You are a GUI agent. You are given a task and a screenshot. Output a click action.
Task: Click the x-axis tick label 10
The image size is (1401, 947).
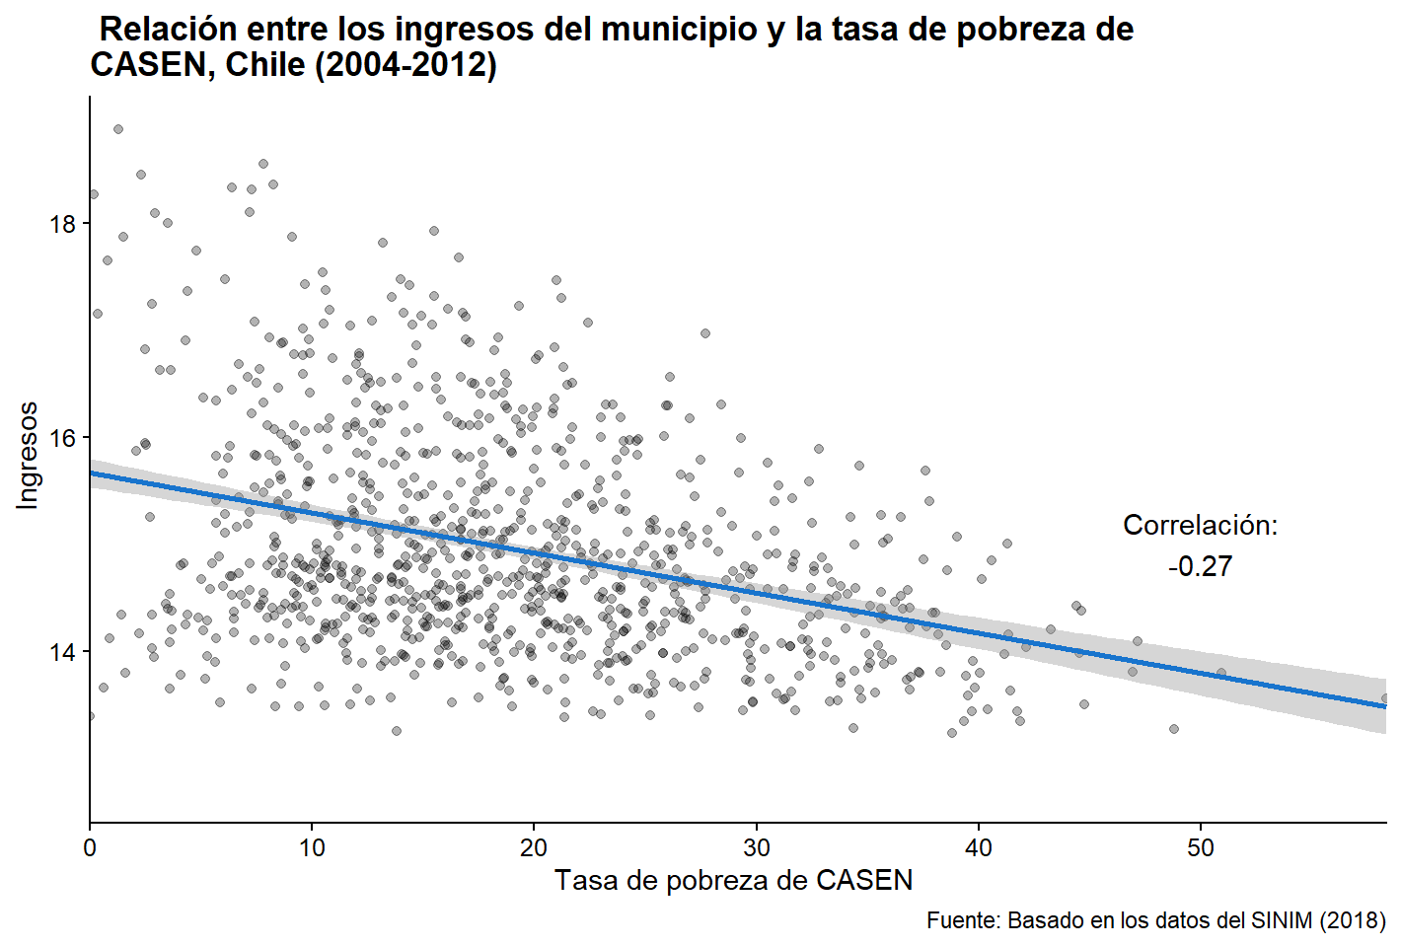312,848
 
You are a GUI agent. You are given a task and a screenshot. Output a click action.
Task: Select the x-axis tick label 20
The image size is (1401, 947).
534,848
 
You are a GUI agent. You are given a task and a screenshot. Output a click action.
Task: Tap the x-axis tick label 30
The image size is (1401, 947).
757,848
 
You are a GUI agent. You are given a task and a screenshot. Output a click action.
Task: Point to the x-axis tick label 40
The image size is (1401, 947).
979,848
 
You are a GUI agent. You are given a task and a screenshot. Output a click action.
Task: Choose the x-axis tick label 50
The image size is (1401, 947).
1201,848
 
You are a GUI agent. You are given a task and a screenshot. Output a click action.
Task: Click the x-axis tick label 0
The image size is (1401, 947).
90,848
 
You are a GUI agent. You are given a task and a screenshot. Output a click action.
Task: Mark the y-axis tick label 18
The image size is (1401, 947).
62,224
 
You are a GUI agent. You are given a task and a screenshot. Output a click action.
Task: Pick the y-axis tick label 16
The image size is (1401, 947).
62,438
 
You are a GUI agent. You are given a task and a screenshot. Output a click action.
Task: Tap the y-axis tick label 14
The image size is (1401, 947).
62,652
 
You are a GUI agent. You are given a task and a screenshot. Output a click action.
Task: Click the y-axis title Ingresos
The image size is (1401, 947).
28,456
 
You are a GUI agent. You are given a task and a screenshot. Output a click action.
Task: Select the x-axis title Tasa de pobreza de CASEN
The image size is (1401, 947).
733,880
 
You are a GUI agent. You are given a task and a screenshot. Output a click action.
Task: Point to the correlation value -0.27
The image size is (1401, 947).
1200,567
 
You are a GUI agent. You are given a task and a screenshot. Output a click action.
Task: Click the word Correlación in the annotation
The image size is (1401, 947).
1200,526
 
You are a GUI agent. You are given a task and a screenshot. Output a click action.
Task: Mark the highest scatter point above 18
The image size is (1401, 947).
118,129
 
